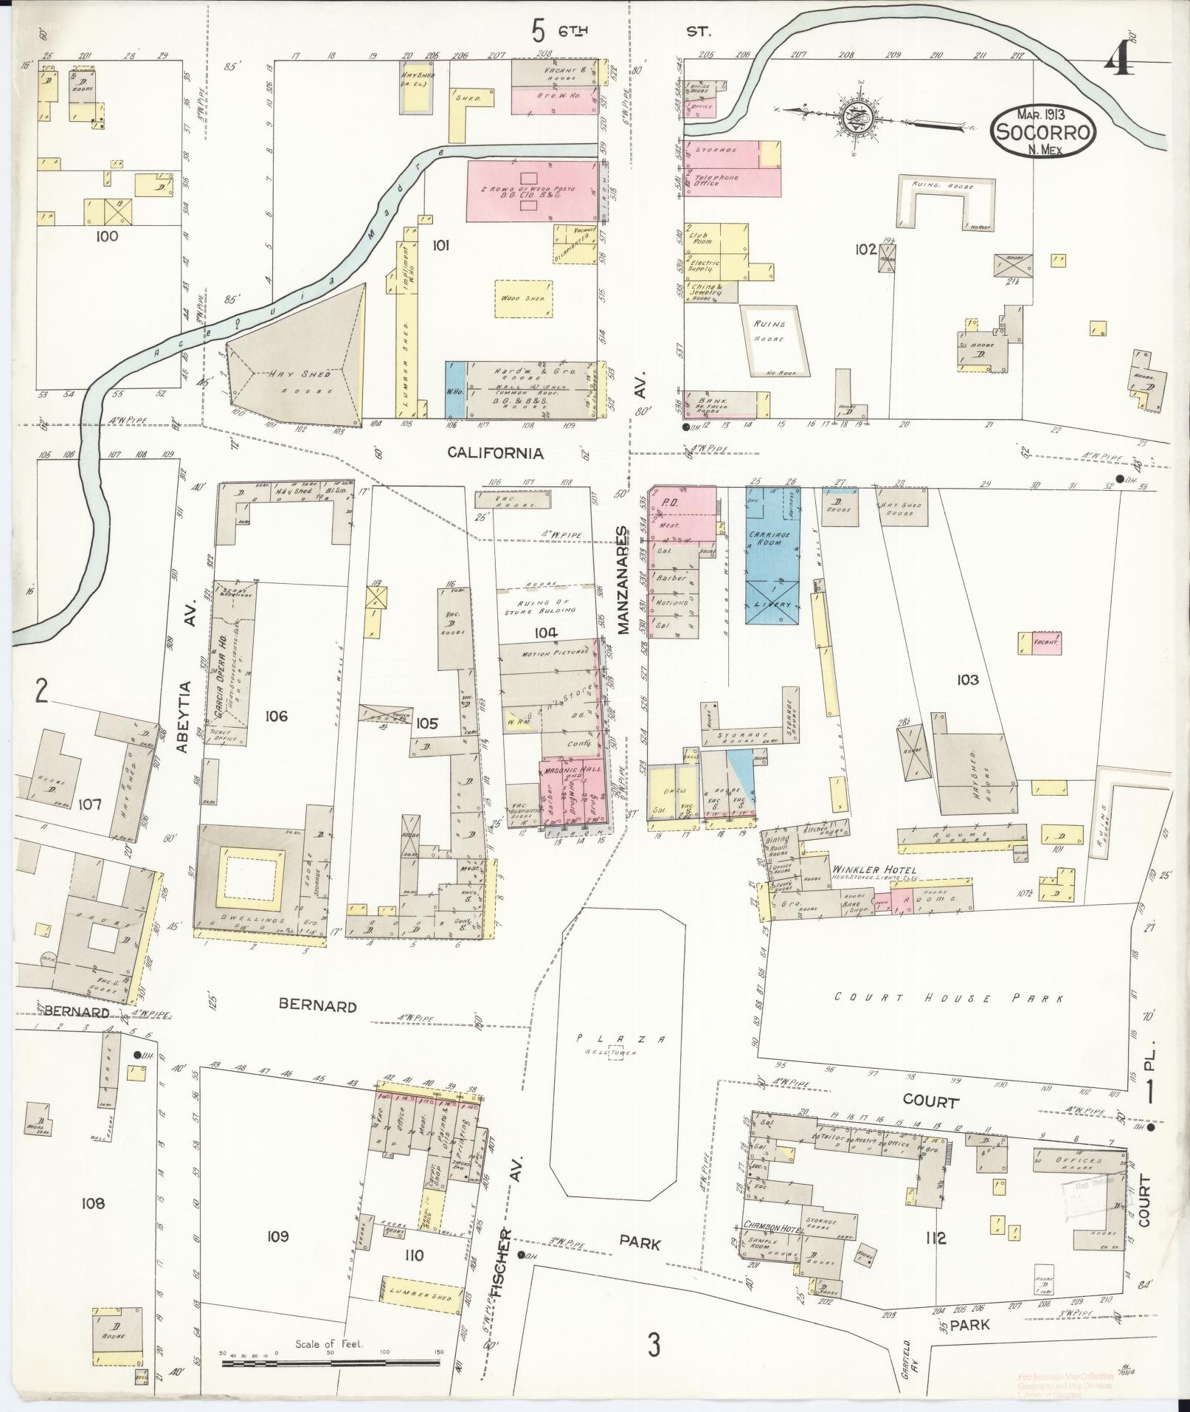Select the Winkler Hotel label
(874, 870)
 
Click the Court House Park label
(949, 998)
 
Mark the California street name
(496, 453)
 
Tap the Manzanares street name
(622, 580)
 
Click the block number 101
(440, 246)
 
